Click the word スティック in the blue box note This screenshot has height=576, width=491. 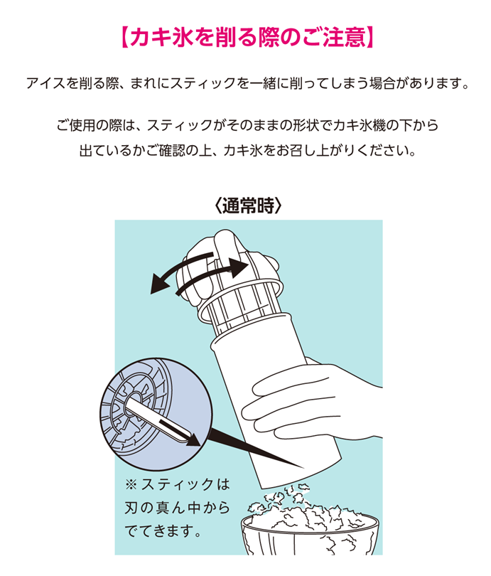(177, 484)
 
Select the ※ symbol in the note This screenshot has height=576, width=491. (131, 485)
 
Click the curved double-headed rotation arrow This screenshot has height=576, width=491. (198, 272)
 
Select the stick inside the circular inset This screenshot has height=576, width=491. (158, 417)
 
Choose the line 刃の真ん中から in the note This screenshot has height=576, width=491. (177, 508)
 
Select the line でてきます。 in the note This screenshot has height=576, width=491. (163, 531)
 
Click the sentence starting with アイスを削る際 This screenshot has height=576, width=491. (248, 84)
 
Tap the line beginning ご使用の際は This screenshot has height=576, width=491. (248, 125)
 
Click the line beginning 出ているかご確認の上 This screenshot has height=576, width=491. (248, 151)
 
